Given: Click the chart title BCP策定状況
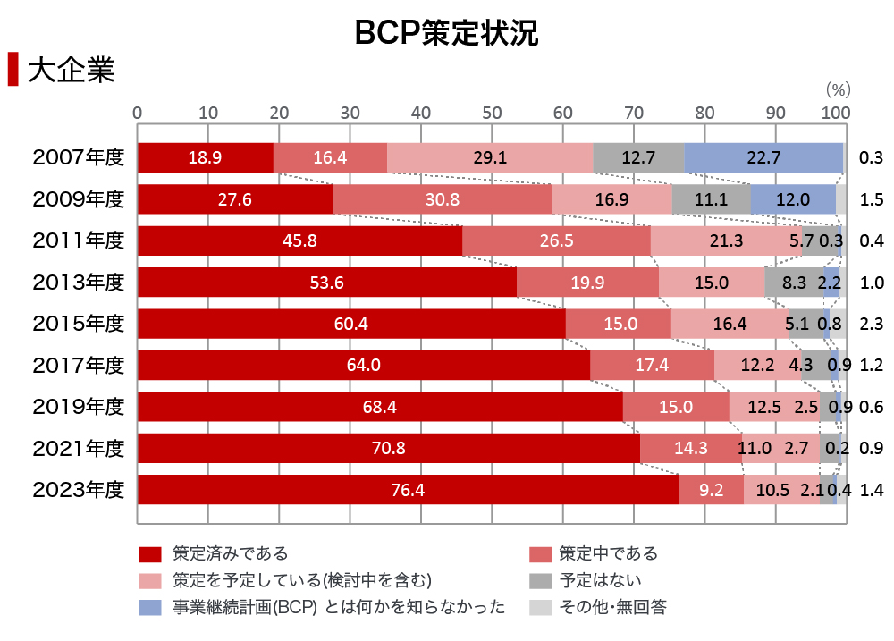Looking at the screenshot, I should click(x=446, y=32).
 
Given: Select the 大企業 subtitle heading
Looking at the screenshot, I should click(x=71, y=71).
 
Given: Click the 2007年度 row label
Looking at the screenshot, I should click(x=78, y=158).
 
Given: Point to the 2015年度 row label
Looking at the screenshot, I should click(x=78, y=324).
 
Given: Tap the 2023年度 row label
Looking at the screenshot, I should click(x=78, y=490).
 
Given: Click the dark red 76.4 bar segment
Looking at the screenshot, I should click(x=408, y=490).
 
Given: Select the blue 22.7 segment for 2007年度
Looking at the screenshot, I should click(x=763, y=158).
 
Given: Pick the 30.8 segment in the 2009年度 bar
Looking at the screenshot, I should click(x=442, y=199).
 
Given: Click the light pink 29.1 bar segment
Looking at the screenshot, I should click(x=490, y=158).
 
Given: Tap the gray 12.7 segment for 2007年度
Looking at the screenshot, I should click(x=638, y=158).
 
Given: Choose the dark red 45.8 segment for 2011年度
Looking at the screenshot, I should click(x=299, y=240).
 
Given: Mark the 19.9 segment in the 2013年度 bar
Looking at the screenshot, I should click(x=587, y=283).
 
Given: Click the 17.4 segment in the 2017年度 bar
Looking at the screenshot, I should click(x=652, y=366).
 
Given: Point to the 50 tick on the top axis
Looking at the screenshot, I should click(x=492, y=113).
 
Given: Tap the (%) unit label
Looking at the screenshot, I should click(x=838, y=89).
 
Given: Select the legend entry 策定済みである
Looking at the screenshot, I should click(x=230, y=554).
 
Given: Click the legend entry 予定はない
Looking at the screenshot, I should click(x=600, y=581).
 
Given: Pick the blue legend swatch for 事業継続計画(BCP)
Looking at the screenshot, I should click(x=148, y=608).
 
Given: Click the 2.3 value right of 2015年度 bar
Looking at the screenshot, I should click(x=871, y=324).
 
